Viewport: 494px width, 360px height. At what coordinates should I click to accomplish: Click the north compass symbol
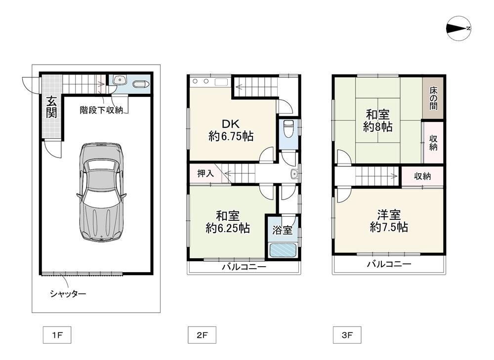(459, 28)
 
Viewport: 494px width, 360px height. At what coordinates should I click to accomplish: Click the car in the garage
(101, 192)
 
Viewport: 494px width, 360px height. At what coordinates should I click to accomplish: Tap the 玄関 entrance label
(51, 107)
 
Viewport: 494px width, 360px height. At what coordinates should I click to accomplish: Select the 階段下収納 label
(101, 110)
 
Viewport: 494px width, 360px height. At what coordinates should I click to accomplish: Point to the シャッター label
(68, 294)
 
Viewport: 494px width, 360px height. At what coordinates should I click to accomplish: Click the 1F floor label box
(57, 335)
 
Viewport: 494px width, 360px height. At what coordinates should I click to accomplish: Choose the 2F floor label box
(202, 335)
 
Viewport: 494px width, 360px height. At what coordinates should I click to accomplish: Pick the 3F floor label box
(347, 335)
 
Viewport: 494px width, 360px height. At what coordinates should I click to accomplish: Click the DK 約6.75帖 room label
(231, 130)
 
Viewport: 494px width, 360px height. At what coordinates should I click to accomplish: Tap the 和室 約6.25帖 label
(228, 222)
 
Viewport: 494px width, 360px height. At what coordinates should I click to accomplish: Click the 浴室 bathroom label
(282, 230)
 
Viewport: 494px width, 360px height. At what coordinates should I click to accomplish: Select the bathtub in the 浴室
(283, 251)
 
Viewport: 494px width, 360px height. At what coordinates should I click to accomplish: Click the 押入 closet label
(206, 173)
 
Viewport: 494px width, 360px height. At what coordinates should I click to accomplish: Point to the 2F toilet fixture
(288, 128)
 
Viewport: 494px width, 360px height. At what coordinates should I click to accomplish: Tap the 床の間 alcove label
(434, 98)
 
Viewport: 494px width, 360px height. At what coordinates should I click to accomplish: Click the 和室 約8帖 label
(378, 120)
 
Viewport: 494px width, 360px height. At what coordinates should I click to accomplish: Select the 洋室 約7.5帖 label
(389, 221)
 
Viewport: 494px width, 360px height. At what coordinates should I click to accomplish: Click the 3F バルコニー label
(389, 264)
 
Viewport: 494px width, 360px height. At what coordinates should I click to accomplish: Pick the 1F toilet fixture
(140, 84)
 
